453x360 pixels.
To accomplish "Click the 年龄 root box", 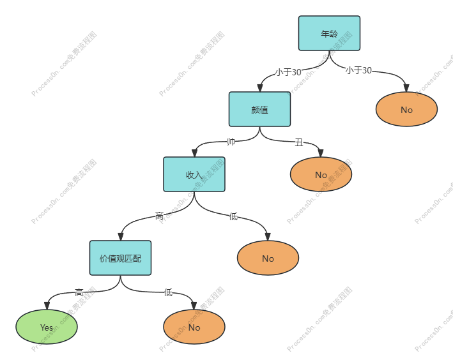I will coord(329,33).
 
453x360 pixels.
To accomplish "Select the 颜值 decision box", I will coord(259,109).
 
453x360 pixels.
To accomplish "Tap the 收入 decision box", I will coord(194,174).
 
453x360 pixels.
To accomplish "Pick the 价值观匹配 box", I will coord(120,258).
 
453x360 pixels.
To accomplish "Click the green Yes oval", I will coord(47,327).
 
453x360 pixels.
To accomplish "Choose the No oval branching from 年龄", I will coord(406,109).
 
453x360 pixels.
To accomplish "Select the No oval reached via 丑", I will coord(321,174).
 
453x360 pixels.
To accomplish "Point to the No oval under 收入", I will coord(268,258).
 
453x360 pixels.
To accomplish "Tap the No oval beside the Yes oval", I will coord(194,327).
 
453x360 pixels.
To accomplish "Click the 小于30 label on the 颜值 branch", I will coord(288,72).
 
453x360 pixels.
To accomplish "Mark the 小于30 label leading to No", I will coord(358,70).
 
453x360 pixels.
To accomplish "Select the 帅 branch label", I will coord(231,142).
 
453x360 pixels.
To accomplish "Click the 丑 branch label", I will coord(299,142).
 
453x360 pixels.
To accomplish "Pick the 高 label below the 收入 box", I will coord(159,216).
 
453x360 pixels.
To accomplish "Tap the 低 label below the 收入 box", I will coord(233,216).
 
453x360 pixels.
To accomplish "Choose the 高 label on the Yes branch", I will coord(79,292).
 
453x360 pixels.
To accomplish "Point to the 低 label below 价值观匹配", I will coord(167,292).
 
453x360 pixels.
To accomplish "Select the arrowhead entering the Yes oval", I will coord(47,305).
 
